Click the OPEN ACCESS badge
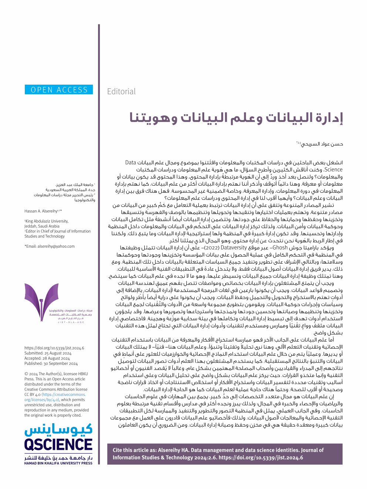(x=59, y=90)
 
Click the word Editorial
(x=121, y=92)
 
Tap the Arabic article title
(x=236, y=118)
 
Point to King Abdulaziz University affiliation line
(x=47, y=221)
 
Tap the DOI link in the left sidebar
(x=54, y=348)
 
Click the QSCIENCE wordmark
(x=58, y=445)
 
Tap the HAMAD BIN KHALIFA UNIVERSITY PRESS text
(x=58, y=463)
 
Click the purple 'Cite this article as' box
(x=225, y=454)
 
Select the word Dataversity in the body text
(x=233, y=248)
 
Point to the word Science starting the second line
(x=333, y=170)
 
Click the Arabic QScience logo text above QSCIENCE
(x=58, y=430)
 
